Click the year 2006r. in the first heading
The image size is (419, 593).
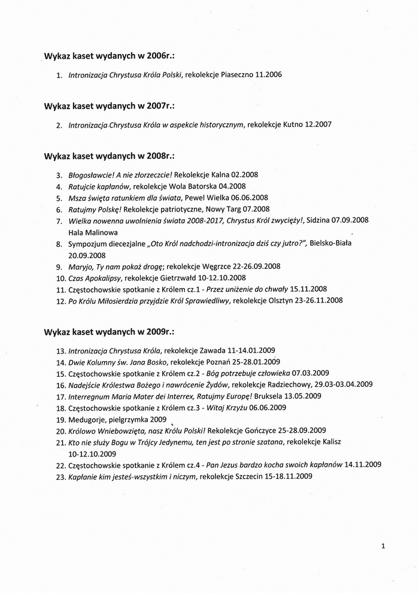click(161, 56)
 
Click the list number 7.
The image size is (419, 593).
click(59, 220)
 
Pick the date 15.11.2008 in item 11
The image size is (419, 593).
click(308, 289)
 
